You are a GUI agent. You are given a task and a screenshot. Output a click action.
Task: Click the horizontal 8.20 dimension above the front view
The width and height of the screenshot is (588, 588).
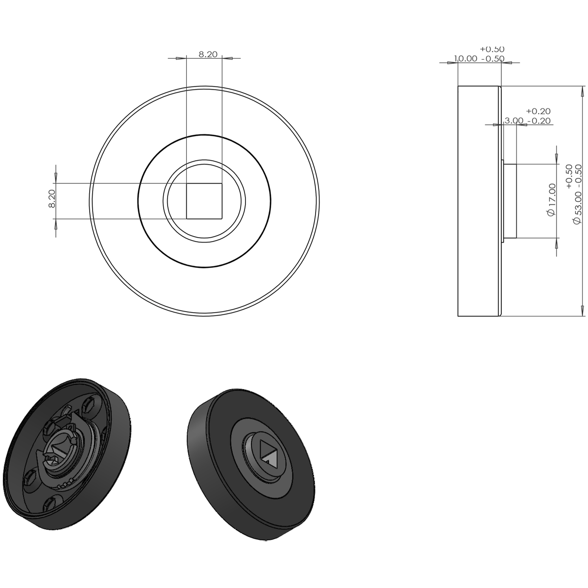click(208, 54)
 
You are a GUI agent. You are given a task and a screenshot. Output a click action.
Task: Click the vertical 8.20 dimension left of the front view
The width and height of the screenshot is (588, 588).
click(52, 198)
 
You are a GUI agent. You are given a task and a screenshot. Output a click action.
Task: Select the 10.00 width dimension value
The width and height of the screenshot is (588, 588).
click(465, 59)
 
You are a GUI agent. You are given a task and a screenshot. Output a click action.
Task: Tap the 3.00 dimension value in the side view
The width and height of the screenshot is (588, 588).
click(514, 121)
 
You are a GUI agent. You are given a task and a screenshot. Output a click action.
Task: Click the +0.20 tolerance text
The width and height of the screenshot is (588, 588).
click(538, 111)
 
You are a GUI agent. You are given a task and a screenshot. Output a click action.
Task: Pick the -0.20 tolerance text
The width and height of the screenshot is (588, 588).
click(539, 121)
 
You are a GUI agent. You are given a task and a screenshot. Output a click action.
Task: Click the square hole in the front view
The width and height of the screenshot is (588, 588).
click(204, 201)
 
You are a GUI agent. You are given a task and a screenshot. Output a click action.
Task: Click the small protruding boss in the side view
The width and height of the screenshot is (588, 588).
click(510, 201)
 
